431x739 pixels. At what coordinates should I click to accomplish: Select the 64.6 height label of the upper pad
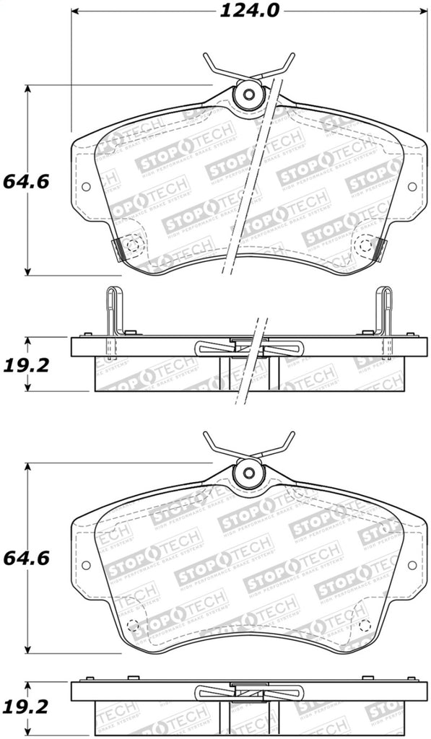pyautogui.click(x=25, y=180)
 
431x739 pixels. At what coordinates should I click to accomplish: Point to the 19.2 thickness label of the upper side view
pyautogui.click(x=25, y=365)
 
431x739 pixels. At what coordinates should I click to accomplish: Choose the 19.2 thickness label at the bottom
pyautogui.click(x=25, y=711)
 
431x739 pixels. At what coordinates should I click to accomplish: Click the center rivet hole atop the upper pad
pyautogui.click(x=249, y=95)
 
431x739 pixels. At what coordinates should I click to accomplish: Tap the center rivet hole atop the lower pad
pyautogui.click(x=249, y=473)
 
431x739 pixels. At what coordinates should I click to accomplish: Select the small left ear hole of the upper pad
pyautogui.click(x=86, y=186)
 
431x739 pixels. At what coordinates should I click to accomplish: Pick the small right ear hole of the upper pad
pyautogui.click(x=412, y=186)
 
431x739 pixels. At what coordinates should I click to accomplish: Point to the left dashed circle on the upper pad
pyautogui.click(x=131, y=245)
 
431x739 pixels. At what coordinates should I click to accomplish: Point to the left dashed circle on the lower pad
pyautogui.click(x=131, y=624)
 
